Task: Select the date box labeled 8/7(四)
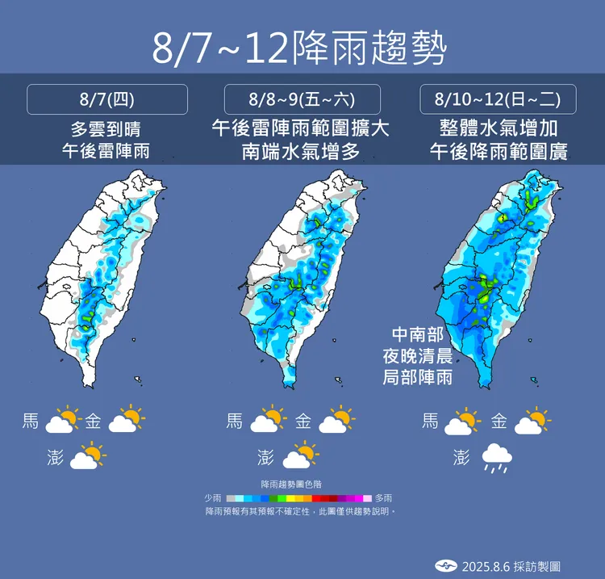pyautogui.click(x=107, y=99)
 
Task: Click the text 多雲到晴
pyautogui.click(x=106, y=128)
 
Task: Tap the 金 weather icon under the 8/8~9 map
pyautogui.click(x=338, y=420)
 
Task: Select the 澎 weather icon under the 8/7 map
pyautogui.click(x=89, y=456)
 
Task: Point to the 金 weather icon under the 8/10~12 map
pyautogui.click(x=533, y=420)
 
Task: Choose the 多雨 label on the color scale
pyautogui.click(x=384, y=498)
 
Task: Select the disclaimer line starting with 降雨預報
pyautogui.click(x=300, y=511)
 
